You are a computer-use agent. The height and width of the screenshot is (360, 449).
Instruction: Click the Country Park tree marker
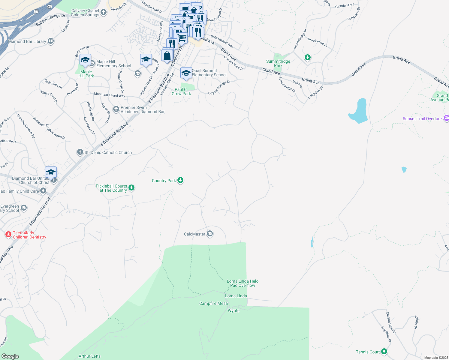point(180,180)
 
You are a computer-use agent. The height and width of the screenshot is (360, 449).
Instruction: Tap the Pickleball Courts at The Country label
point(111,188)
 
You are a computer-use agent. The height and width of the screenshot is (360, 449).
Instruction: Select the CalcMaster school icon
point(210,234)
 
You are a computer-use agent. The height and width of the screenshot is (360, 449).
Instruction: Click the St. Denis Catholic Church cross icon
point(80,152)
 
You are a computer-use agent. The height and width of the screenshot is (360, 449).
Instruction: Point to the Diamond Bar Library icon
point(51,41)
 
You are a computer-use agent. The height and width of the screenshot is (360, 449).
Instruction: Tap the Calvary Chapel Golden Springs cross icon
point(104,12)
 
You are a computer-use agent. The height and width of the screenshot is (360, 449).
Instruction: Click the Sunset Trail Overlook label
point(423,118)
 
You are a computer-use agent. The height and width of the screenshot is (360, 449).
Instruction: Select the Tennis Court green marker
point(384,352)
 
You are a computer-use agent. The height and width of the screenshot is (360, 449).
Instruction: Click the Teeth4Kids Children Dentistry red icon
point(8,235)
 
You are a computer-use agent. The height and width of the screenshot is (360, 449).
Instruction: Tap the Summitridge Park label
point(278,63)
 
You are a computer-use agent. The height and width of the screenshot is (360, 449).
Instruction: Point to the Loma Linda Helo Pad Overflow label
point(243,283)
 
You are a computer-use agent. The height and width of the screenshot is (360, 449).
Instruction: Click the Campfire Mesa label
point(213,303)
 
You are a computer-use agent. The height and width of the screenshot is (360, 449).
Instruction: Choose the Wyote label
point(234,310)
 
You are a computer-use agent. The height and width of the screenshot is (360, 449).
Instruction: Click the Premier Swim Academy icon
point(116,109)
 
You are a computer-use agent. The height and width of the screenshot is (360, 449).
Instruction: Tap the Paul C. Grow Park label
point(181,91)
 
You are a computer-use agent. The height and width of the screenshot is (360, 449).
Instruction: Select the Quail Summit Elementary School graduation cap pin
point(186,73)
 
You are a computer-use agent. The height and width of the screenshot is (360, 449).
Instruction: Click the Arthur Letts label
point(89,356)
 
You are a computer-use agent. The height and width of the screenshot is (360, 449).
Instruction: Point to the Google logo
point(10,356)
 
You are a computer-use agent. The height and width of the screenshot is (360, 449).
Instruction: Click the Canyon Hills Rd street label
point(391,323)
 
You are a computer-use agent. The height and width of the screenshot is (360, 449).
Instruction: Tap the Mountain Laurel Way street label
point(109,95)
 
